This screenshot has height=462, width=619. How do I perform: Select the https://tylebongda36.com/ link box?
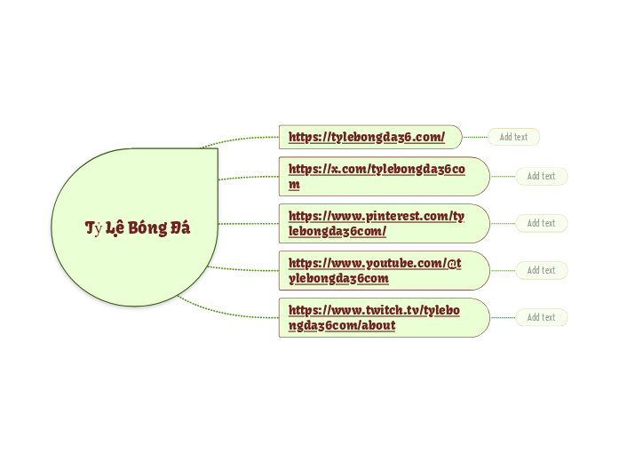tap(369, 137)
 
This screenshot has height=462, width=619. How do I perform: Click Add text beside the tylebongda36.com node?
tap(513, 137)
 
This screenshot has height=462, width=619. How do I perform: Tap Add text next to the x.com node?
tap(541, 176)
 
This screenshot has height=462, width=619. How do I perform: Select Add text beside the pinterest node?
tap(541, 223)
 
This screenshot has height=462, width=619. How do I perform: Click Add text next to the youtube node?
tap(541, 270)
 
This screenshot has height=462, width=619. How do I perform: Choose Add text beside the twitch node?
tap(541, 317)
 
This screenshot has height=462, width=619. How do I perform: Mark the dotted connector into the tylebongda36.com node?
tap(240, 139)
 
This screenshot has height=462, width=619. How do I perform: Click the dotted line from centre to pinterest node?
tap(249, 223)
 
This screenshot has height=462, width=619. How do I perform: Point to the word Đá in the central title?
tap(180, 227)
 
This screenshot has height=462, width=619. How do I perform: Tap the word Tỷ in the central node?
tap(93, 228)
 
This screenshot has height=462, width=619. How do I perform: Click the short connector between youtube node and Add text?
tap(503, 270)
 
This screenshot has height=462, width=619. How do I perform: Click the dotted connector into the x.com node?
tap(249, 177)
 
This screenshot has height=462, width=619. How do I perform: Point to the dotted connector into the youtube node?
tap(244, 268)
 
